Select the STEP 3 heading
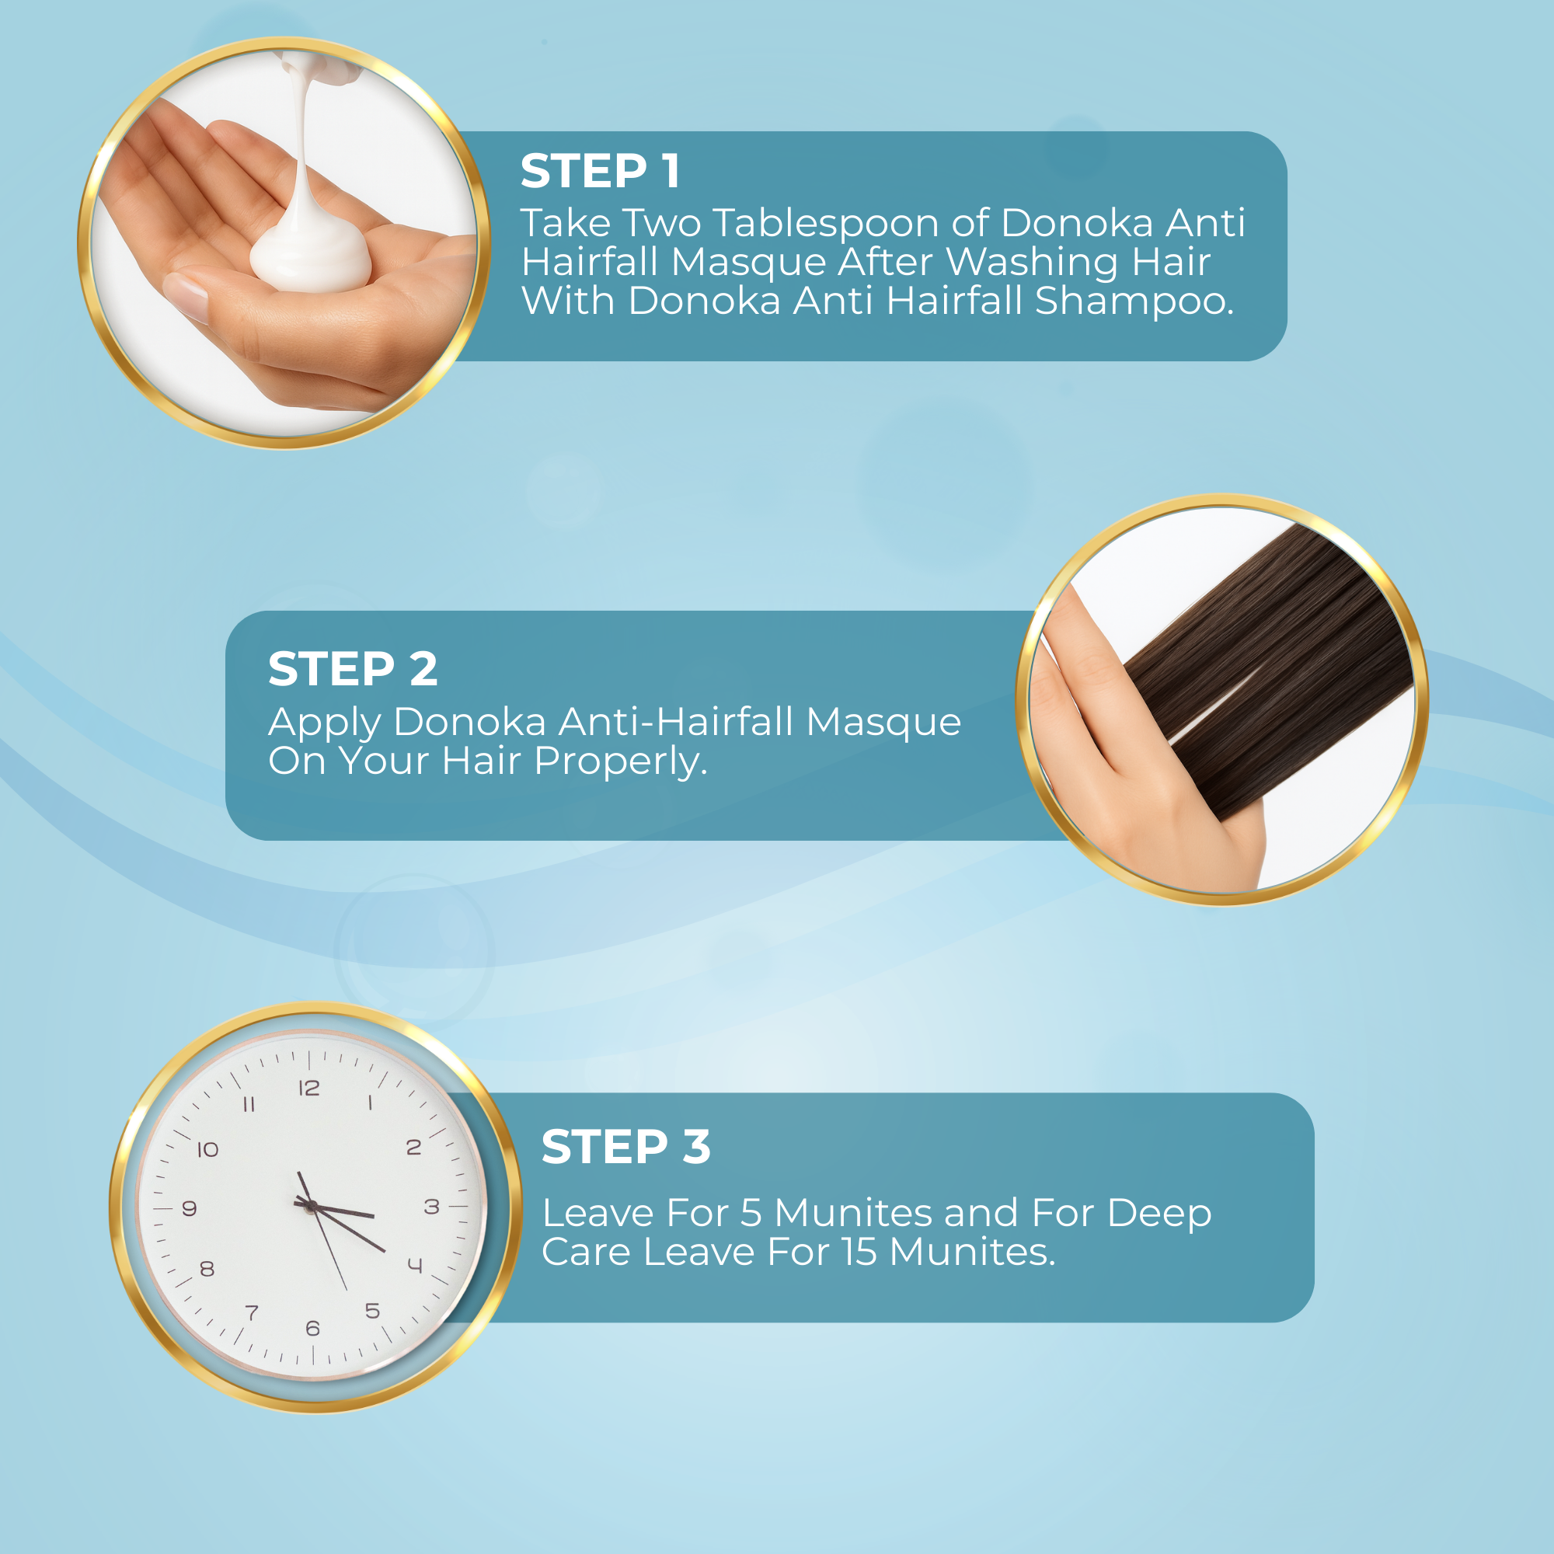pyautogui.click(x=625, y=1147)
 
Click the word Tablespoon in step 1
pyautogui.click(x=826, y=223)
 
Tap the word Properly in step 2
pyautogui.click(x=620, y=761)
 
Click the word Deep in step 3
pyautogui.click(x=1159, y=1214)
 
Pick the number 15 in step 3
pyautogui.click(x=860, y=1253)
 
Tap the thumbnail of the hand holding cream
pyautogui.click(x=284, y=243)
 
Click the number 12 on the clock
pyautogui.click(x=310, y=1089)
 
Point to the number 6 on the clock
pyautogui.click(x=313, y=1328)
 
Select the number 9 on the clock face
pyautogui.click(x=190, y=1208)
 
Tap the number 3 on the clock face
pyautogui.click(x=432, y=1207)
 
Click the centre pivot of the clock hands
pyautogui.click(x=311, y=1207)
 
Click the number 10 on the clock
pyautogui.click(x=208, y=1149)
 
